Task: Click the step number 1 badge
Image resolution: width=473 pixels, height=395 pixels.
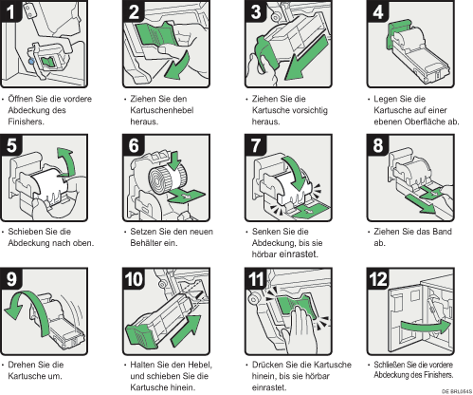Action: coord(11,11)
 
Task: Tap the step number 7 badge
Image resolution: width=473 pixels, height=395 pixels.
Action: coord(255,145)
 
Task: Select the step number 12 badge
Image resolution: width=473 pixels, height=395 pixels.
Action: coord(378,279)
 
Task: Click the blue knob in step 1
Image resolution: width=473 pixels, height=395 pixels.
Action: coord(31,61)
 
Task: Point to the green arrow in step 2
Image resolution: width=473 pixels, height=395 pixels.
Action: coord(178,66)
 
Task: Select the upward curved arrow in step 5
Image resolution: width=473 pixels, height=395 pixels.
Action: coord(69,160)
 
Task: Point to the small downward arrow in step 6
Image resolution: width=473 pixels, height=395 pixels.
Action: coord(174,160)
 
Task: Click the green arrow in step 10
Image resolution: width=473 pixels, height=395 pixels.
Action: coord(187,330)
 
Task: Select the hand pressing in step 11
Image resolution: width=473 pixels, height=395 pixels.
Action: coord(300,330)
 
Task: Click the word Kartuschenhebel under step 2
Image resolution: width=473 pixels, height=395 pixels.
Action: coord(162,110)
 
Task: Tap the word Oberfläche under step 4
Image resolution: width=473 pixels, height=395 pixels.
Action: coord(425,122)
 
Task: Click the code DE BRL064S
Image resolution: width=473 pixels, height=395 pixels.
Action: coord(457,391)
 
